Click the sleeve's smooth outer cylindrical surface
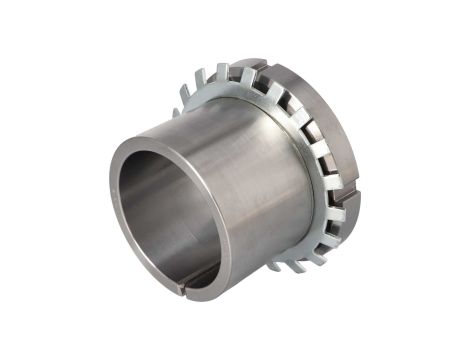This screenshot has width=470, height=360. point(250,170)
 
